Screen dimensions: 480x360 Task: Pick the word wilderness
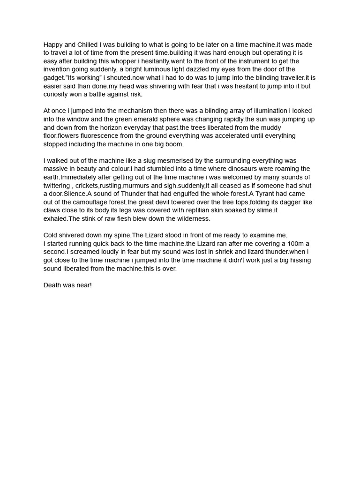(x=192, y=218)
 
